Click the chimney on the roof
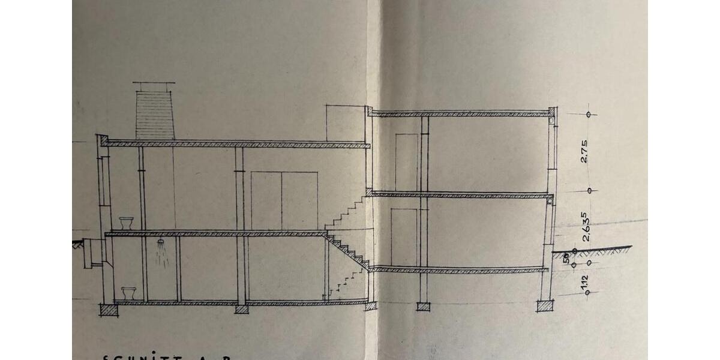click(x=155, y=115)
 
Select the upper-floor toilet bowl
click(x=127, y=223)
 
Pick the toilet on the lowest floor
click(x=128, y=293)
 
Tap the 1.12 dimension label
click(x=585, y=281)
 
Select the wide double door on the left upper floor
click(x=284, y=200)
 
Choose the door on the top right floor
click(x=406, y=162)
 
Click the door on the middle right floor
click(x=404, y=236)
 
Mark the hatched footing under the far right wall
click(x=545, y=307)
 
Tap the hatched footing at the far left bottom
click(x=108, y=310)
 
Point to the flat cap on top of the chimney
click(x=154, y=83)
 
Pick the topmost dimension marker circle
click(x=589, y=114)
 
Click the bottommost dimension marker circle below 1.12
click(x=587, y=293)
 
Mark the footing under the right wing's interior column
click(x=424, y=307)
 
